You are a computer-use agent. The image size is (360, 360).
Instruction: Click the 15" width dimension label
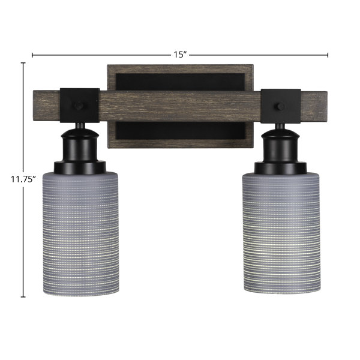click(180, 55)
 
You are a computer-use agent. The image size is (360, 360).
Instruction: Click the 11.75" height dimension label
click(23, 179)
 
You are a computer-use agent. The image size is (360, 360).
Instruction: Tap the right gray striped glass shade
click(282, 233)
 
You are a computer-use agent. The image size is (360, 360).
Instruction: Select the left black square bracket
click(80, 106)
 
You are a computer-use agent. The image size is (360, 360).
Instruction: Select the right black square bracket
click(281, 106)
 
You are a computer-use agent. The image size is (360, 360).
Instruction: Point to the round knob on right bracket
click(280, 107)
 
